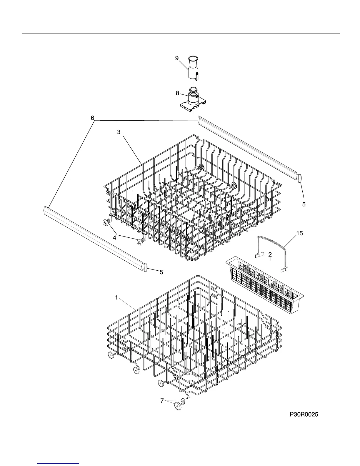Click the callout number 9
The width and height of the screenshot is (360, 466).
click(x=177, y=58)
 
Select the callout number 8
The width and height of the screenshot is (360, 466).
click(x=177, y=93)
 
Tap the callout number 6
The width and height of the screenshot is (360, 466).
click(x=92, y=118)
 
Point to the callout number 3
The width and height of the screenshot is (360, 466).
click(x=119, y=132)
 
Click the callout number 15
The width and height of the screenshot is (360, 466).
click(x=299, y=234)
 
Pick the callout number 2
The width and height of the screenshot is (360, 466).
click(x=270, y=255)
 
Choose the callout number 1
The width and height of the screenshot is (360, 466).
click(x=116, y=298)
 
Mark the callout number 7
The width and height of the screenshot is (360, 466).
click(x=162, y=400)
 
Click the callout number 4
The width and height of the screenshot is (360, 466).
click(x=114, y=238)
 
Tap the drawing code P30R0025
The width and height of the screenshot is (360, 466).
click(x=304, y=415)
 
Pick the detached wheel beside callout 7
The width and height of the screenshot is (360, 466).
click(x=178, y=406)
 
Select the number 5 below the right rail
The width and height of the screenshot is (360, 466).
click(x=304, y=204)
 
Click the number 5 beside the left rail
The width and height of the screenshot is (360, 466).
click(x=161, y=272)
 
